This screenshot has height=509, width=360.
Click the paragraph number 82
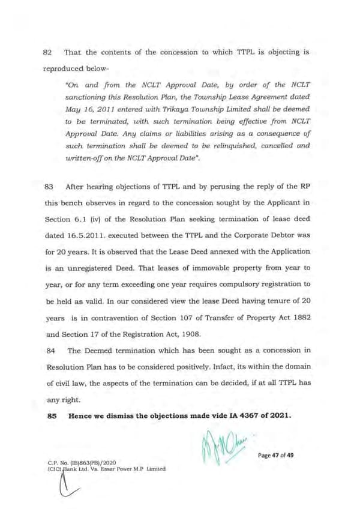(x=50, y=52)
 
